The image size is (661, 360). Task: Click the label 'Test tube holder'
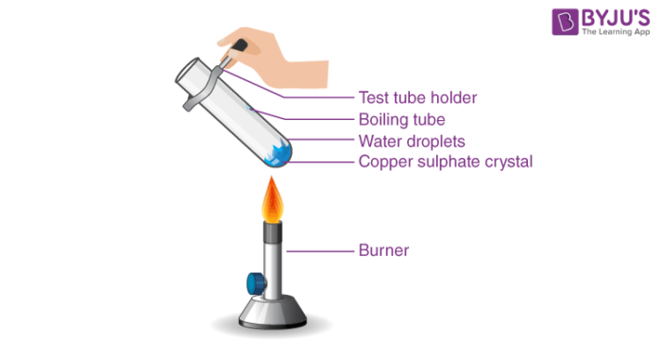click(x=418, y=97)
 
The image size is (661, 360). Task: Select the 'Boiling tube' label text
click(x=402, y=119)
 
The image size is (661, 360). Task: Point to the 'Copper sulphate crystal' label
click(x=446, y=162)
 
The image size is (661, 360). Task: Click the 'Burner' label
click(x=382, y=250)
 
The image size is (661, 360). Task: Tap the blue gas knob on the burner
click(x=254, y=282)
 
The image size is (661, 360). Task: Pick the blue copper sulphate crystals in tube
click(x=280, y=151)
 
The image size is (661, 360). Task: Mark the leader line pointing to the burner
click(x=317, y=250)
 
